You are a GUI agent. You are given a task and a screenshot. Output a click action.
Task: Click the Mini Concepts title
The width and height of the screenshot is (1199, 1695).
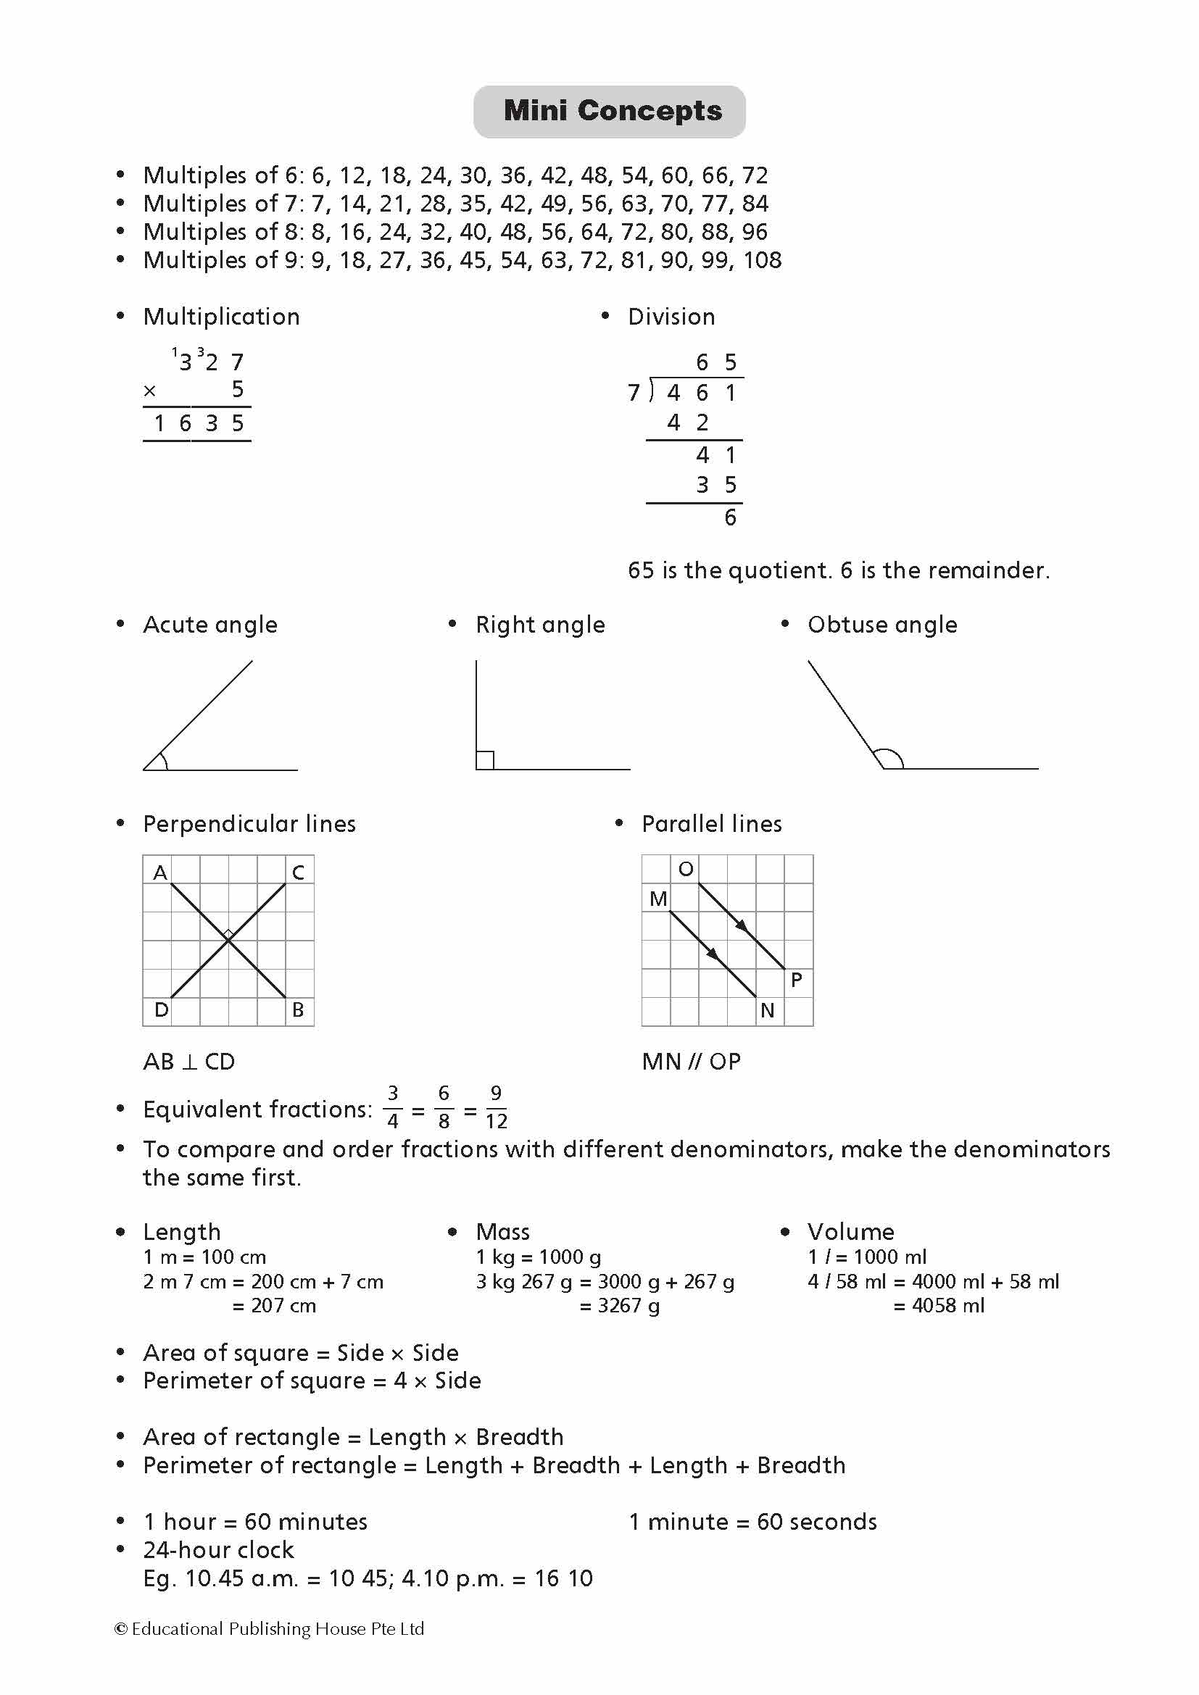[612, 111]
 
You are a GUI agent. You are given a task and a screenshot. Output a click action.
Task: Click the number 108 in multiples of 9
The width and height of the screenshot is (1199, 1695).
[762, 260]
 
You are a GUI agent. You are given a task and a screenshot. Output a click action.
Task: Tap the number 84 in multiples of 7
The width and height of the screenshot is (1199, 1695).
[755, 203]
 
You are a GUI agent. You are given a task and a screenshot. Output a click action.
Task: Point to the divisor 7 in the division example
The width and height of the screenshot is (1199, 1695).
[634, 393]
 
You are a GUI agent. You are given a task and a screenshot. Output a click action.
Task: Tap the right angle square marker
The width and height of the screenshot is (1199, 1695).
[485, 759]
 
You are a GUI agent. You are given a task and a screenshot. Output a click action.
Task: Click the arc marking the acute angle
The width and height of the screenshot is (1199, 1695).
[162, 759]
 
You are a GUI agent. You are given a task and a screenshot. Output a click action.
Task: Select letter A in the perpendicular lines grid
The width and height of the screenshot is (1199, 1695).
[159, 873]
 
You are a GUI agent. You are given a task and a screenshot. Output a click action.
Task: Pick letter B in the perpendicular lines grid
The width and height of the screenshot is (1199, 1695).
[297, 1009]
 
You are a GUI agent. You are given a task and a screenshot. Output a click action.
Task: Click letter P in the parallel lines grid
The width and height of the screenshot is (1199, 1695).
[796, 980]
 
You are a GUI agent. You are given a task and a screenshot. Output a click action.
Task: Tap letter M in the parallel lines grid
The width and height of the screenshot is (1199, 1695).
[657, 899]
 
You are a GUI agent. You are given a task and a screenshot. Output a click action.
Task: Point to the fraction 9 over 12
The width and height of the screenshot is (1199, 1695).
[496, 1107]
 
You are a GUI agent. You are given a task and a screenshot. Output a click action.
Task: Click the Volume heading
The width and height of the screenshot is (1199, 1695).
[850, 1231]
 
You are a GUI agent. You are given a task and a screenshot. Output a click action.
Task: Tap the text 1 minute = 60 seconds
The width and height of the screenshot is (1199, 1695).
[752, 1522]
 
